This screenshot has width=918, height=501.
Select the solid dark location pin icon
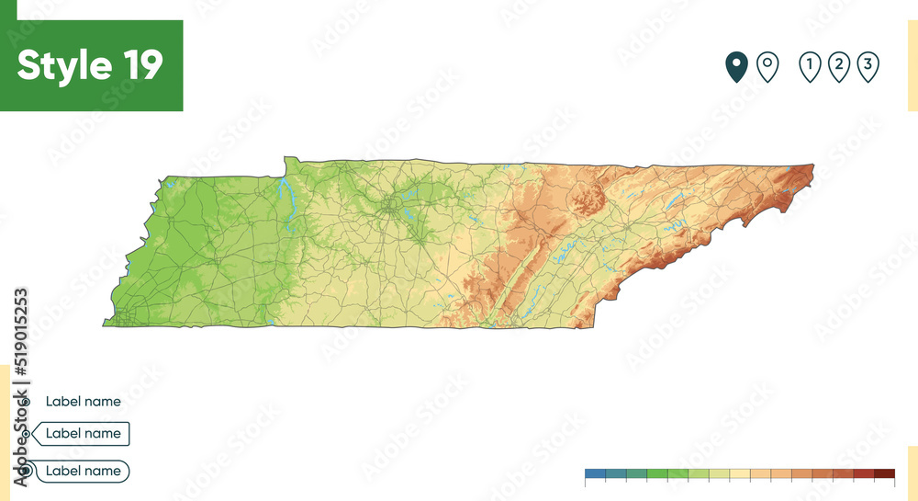(x=736, y=66)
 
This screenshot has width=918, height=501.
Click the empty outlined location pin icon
(x=767, y=66)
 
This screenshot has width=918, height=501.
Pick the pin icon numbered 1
(x=810, y=66)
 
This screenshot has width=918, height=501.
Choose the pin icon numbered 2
(x=838, y=66)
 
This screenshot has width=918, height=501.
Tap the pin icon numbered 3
(x=868, y=66)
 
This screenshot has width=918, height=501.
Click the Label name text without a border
(x=83, y=402)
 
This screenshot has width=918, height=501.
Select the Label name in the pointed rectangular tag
(x=83, y=433)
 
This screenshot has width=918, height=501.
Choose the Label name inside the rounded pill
(x=83, y=471)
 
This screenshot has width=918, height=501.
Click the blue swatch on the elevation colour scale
(x=595, y=474)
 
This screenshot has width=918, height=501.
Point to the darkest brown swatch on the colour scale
(x=884, y=474)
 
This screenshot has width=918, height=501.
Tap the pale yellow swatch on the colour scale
(x=740, y=474)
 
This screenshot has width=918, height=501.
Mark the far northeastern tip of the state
(x=812, y=166)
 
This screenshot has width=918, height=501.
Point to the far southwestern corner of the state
(x=105, y=325)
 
